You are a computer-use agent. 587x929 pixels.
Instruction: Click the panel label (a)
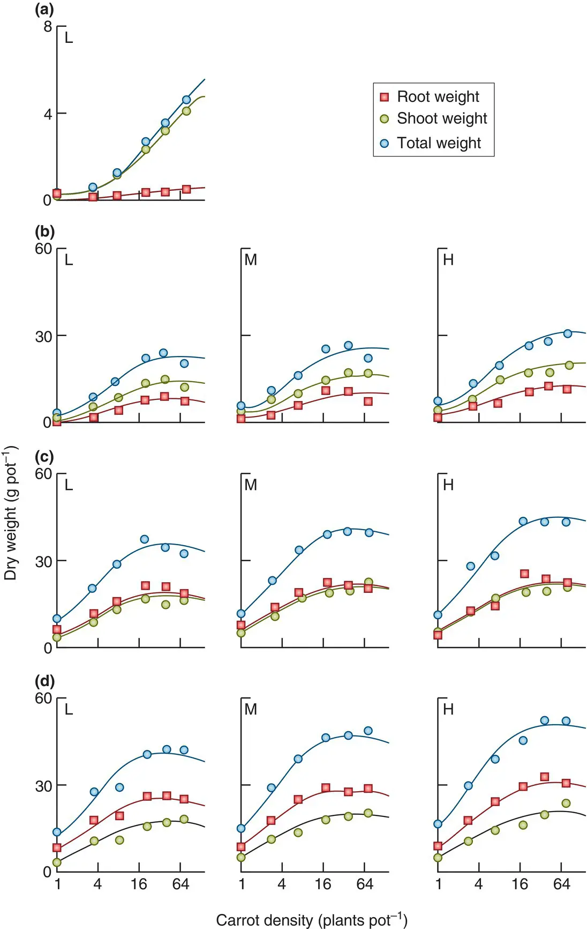[x=44, y=10]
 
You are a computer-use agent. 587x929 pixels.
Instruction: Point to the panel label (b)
[x=44, y=232]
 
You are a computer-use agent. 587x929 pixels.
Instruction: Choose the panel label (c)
[x=44, y=457]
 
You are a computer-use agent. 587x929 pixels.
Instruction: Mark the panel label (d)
[x=44, y=681]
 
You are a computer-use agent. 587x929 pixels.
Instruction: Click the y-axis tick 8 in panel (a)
[x=48, y=26]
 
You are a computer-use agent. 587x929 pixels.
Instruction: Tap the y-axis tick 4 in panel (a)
[x=48, y=114]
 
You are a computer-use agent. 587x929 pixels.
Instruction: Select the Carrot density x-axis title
[x=312, y=920]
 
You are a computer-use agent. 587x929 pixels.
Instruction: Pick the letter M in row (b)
[x=251, y=260]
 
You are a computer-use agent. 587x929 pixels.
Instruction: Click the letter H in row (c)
[x=448, y=485]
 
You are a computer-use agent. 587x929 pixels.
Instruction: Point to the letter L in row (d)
[x=69, y=710]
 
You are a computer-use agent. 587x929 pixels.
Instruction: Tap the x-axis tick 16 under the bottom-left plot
[x=139, y=884]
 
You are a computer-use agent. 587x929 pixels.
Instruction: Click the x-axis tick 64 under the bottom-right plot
[x=561, y=884]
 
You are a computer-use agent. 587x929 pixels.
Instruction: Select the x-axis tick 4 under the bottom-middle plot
[x=282, y=884]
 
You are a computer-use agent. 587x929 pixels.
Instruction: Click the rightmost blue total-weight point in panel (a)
[x=186, y=100]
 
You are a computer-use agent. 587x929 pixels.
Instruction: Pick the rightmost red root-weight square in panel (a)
[x=186, y=189]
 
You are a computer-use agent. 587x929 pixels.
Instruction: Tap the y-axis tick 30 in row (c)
[x=43, y=561]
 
